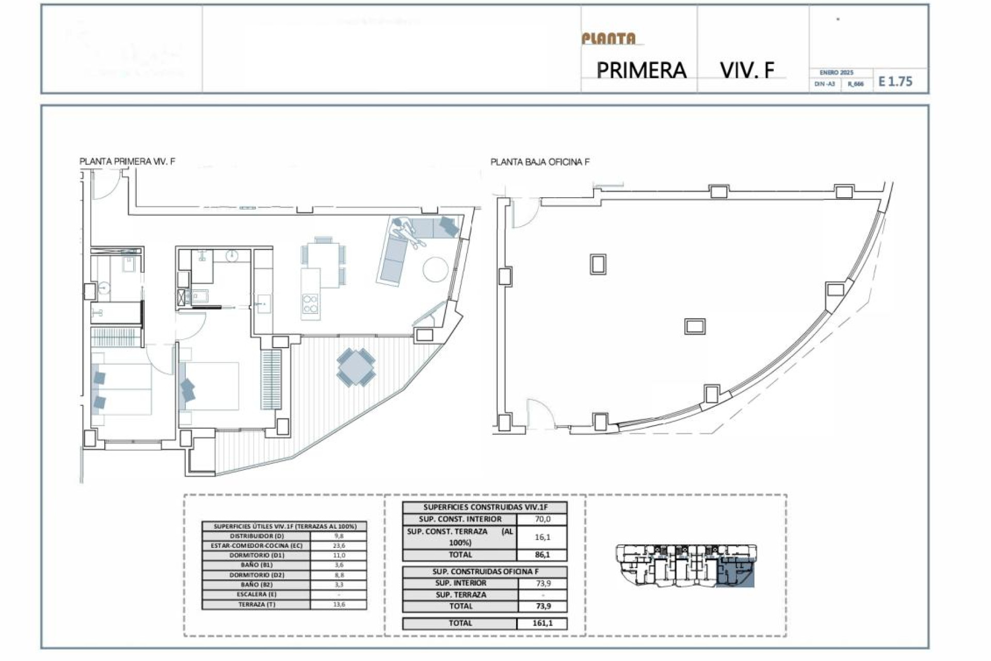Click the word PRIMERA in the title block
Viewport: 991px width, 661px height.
(641, 70)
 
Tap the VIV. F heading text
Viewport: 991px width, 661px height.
(747, 70)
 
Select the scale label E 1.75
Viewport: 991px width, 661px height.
(896, 82)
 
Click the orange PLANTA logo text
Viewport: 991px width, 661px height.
(609, 39)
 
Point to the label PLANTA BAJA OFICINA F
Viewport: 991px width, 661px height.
(540, 162)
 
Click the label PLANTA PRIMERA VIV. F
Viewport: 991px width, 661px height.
(127, 161)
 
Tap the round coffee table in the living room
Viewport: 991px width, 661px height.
(436, 269)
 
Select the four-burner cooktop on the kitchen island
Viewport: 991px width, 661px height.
(310, 304)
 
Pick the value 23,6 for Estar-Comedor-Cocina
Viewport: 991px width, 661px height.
(339, 545)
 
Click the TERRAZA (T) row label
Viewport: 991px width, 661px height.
(257, 604)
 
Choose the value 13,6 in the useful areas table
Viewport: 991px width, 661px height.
(339, 604)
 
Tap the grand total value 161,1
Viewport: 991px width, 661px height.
(542, 623)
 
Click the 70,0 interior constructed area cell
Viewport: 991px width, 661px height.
(542, 519)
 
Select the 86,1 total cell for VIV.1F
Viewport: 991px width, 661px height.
(542, 555)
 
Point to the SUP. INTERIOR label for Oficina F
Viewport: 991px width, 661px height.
(460, 583)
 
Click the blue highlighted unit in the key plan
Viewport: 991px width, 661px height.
(736, 573)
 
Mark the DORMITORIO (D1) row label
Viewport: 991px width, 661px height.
(257, 555)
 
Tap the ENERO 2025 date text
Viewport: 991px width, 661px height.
(836, 73)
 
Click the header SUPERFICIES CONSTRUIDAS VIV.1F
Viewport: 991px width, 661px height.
(485, 507)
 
